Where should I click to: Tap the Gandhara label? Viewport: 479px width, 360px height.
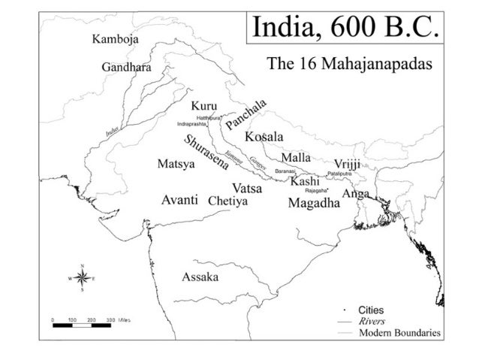(x=126, y=68)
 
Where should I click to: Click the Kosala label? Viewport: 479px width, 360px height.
(x=264, y=138)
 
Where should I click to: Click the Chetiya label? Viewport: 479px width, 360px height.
(x=229, y=201)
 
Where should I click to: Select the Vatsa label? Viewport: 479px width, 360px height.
(x=247, y=187)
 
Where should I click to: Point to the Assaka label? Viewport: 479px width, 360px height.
(x=200, y=277)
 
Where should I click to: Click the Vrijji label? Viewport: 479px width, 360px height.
(x=347, y=164)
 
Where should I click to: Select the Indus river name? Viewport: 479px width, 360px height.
(x=112, y=131)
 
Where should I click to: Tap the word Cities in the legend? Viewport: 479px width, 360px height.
(x=372, y=310)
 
